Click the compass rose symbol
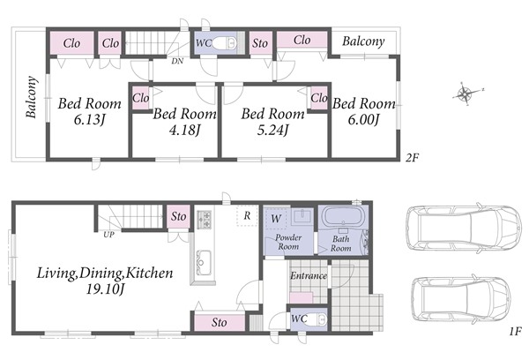pos(466,94)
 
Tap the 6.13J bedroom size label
pos(89,119)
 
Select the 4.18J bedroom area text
pos(184,130)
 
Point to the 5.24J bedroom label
pos(272,130)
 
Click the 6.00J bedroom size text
pos(363,119)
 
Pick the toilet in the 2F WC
pos(224,43)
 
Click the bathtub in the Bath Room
pos(343,216)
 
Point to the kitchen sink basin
pos(204,262)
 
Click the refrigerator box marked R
pos(247,215)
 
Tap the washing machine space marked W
pos(276,218)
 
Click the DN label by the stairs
pos(177,61)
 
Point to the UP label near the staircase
pos(108,234)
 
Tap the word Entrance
pos(309,276)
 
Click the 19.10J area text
pos(105,289)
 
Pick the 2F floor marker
pos(412,157)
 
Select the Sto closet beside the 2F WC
pos(260,43)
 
